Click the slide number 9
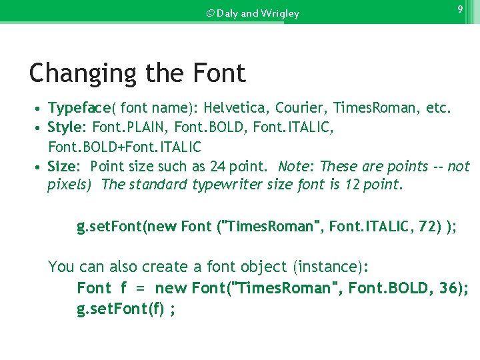click(460, 9)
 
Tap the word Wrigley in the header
click(280, 13)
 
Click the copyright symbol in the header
click(211, 13)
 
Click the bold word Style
click(65, 127)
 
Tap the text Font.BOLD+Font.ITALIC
click(124, 146)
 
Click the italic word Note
click(294, 166)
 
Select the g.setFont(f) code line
click(126, 309)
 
